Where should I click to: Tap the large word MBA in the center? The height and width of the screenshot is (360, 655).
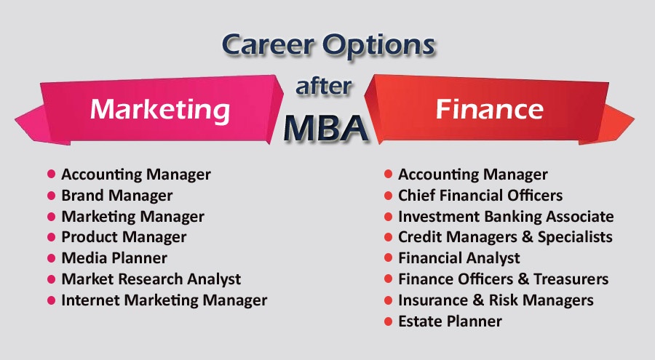pyautogui.click(x=325, y=128)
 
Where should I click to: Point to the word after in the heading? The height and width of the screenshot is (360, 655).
pyautogui.click(x=324, y=86)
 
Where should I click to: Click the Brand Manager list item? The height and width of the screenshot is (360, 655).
pyautogui.click(x=116, y=196)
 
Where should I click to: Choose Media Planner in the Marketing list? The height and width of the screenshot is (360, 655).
pyautogui.click(x=114, y=258)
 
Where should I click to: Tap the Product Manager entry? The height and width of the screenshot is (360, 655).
pyautogui.click(x=124, y=237)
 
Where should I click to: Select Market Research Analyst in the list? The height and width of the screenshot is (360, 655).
pyautogui.click(x=151, y=279)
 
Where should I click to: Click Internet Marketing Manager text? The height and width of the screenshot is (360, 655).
pyautogui.click(x=164, y=300)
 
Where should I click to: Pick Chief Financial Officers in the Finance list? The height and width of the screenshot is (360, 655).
pyautogui.click(x=480, y=196)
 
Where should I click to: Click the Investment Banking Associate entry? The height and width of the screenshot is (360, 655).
pyautogui.click(x=506, y=217)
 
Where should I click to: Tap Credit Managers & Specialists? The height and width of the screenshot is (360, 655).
pyautogui.click(x=505, y=237)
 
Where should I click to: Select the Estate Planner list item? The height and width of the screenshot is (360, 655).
pyautogui.click(x=450, y=321)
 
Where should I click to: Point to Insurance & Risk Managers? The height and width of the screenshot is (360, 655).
pyautogui.click(x=496, y=300)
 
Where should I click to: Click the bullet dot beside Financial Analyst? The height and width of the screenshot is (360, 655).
pyautogui.click(x=389, y=258)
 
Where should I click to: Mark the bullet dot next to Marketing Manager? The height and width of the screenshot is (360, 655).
pyautogui.click(x=52, y=217)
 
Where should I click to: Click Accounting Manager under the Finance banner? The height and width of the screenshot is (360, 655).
pyautogui.click(x=472, y=175)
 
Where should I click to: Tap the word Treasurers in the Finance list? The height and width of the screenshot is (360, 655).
pyautogui.click(x=571, y=279)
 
